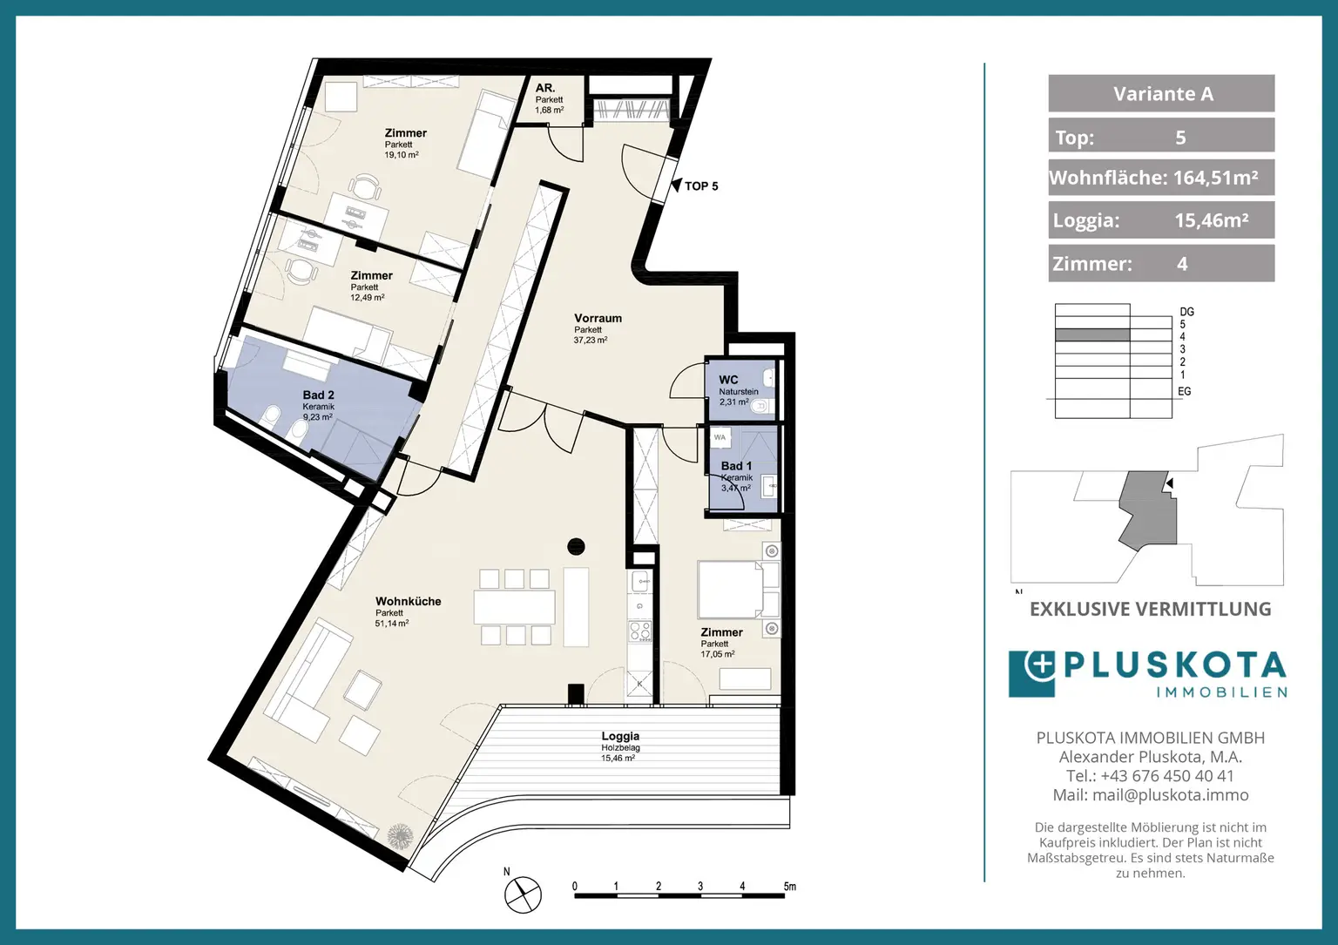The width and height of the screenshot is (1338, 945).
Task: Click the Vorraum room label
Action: (x=598, y=319)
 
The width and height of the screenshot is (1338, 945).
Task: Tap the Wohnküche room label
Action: (x=408, y=602)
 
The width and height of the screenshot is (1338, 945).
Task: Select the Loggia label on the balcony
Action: (x=620, y=737)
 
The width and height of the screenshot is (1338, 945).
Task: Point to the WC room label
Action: (x=728, y=380)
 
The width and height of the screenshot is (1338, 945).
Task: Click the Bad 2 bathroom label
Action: (x=318, y=395)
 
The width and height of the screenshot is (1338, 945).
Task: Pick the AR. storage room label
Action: (x=544, y=89)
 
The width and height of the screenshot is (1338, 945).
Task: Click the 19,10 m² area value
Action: (x=402, y=155)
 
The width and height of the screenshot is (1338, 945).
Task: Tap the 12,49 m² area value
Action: (x=368, y=298)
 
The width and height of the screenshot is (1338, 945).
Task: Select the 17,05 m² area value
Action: (x=718, y=654)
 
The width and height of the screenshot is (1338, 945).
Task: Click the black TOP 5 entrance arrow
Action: (x=676, y=186)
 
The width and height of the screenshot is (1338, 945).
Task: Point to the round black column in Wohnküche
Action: (x=576, y=546)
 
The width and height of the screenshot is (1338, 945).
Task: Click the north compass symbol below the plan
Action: (x=523, y=894)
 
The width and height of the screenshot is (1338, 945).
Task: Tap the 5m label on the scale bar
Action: (x=790, y=887)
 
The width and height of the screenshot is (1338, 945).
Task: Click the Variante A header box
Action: (x=1161, y=93)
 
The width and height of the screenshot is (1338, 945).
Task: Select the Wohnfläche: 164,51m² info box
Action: (x=1161, y=178)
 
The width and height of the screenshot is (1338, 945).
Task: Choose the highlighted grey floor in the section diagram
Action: (x=1091, y=335)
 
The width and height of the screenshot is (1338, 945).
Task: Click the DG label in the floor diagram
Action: (x=1186, y=312)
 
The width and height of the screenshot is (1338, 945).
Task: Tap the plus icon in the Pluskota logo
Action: (x=1041, y=665)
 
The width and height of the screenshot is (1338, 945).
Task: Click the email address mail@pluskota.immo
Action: (x=1170, y=795)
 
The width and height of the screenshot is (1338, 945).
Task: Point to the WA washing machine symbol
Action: (x=720, y=437)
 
